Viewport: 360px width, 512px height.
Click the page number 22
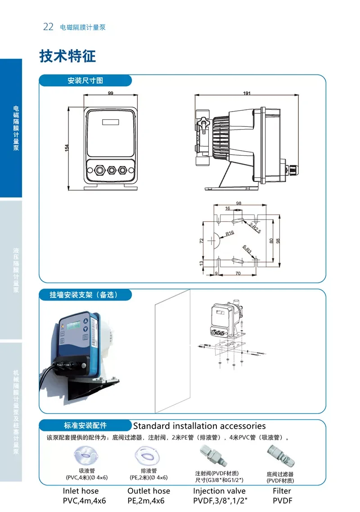[48, 27]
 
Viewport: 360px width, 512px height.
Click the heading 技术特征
[67, 56]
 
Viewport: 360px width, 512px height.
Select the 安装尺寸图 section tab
[85, 81]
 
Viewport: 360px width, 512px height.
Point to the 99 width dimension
[111, 93]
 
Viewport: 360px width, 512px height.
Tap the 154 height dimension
[67, 148]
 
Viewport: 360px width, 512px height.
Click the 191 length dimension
[247, 93]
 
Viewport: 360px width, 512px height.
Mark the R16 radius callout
[230, 233]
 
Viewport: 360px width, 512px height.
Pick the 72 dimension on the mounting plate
[202, 240]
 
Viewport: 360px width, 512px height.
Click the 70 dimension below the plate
[238, 273]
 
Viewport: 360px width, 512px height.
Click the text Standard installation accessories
[199, 426]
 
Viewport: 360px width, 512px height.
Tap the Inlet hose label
[81, 491]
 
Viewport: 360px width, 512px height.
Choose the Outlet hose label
[148, 491]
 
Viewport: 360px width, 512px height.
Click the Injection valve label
[219, 491]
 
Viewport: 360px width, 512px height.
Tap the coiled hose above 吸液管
[85, 455]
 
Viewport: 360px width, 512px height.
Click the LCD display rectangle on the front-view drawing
[110, 121]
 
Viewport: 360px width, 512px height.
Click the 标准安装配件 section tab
[85, 426]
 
